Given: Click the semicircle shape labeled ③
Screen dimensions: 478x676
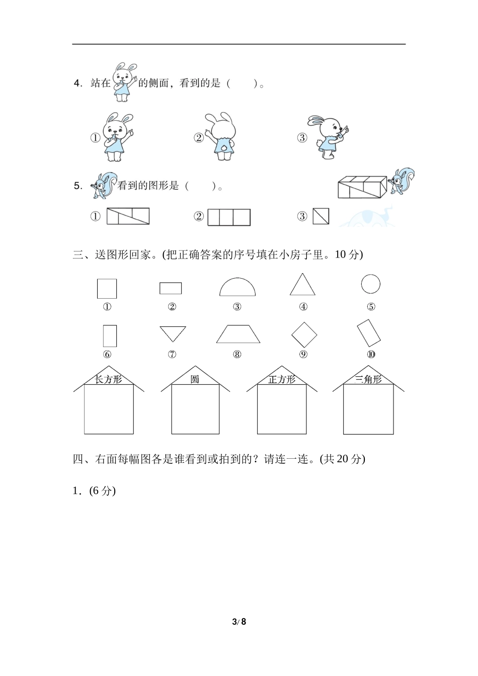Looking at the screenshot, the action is (237, 295).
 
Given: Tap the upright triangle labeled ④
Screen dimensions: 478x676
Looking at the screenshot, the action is (302, 294).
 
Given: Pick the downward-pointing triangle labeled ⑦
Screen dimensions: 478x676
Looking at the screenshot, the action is (173, 327).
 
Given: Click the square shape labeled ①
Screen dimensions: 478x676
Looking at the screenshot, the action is (98, 289).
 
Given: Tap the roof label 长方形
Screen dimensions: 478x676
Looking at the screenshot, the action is (108, 379).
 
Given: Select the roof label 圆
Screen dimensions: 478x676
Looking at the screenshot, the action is (195, 379).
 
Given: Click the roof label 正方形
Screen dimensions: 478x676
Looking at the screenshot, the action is (282, 379).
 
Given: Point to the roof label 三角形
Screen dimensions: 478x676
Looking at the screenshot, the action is (368, 379).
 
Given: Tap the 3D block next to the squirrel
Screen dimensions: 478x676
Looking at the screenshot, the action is (362, 187).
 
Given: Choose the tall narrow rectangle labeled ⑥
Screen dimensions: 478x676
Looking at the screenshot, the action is (104, 336).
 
